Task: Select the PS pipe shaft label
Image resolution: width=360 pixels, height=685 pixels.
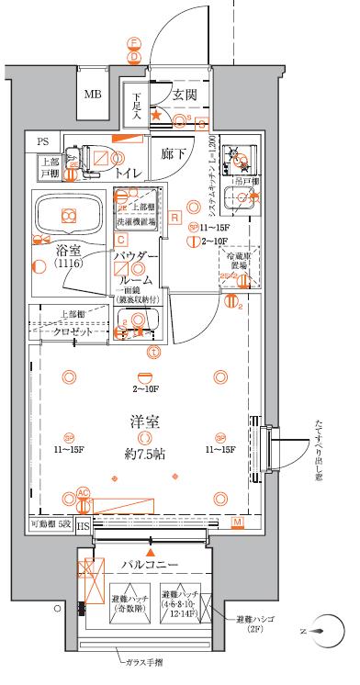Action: [44, 141]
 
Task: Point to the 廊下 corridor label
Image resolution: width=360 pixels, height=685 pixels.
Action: [174, 154]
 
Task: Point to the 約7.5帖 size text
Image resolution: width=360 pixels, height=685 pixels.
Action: [145, 454]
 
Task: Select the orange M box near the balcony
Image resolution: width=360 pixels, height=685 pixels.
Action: [237, 523]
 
